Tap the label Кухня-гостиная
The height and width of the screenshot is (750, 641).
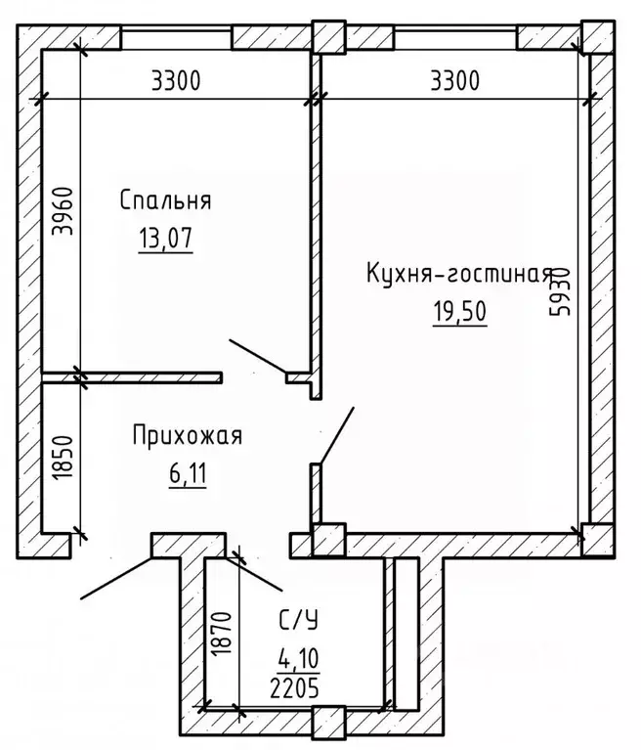tap(459, 274)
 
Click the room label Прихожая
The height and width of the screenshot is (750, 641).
tap(186, 437)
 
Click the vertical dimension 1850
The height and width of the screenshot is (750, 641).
tap(60, 456)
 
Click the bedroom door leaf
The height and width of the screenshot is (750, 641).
tap(257, 357)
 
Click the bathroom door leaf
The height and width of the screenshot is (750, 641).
tap(258, 573)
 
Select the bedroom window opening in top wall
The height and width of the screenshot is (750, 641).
tap(177, 38)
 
